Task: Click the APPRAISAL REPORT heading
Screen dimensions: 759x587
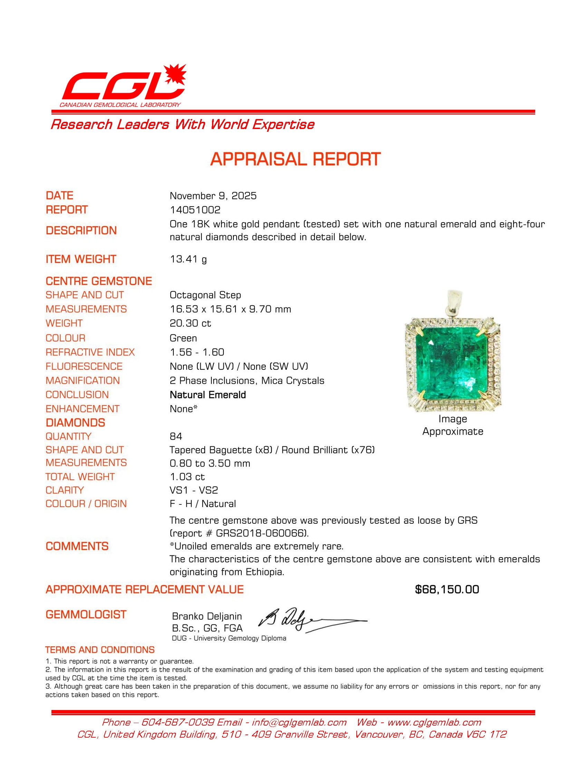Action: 295,159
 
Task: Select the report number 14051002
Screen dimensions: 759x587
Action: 195,210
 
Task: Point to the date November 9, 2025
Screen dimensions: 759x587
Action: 213,196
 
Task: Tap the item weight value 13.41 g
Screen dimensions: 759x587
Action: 188,259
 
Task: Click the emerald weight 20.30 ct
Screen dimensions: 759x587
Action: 190,323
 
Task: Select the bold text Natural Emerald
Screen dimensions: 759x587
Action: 208,395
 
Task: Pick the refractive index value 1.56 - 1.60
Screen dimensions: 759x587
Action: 197,352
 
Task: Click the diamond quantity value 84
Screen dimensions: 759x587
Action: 176,436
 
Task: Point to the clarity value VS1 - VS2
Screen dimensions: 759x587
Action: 194,490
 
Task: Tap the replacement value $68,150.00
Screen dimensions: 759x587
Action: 447,589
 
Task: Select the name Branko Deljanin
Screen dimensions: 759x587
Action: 207,616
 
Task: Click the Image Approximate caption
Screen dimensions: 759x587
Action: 452,425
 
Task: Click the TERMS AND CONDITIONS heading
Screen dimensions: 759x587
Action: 100,650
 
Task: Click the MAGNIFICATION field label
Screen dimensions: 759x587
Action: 83,381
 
